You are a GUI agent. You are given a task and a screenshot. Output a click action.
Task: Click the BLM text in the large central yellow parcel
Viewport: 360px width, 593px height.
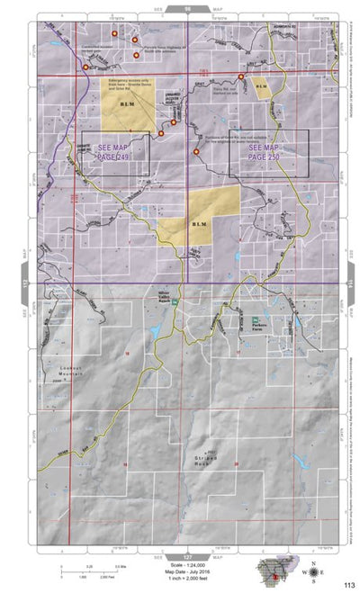pos(199,223)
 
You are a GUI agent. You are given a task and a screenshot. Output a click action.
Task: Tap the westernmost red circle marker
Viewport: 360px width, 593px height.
pos(85,67)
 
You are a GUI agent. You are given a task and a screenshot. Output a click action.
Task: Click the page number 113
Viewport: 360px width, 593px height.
pos(335,584)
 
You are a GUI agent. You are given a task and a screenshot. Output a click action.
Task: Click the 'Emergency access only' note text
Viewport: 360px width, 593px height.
pos(128,83)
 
